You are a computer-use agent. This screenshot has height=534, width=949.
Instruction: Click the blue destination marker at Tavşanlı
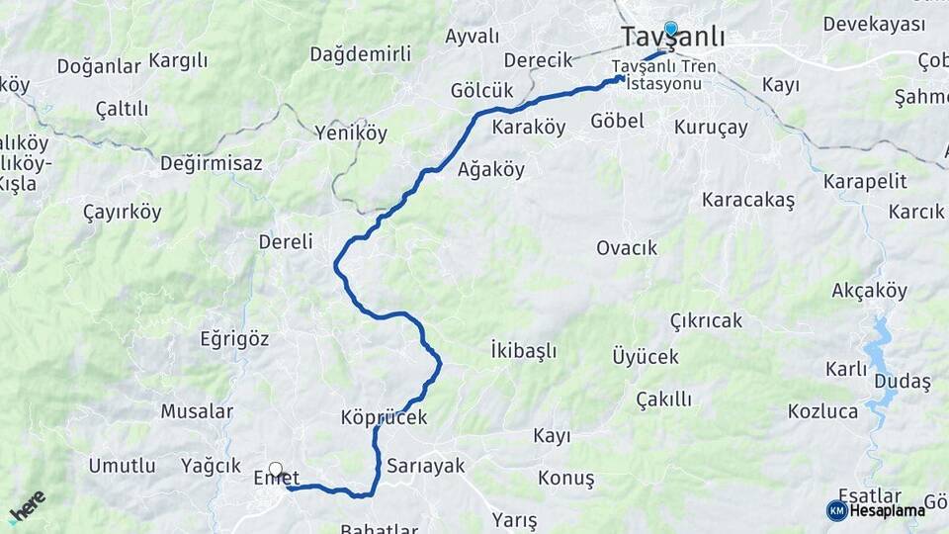(x=671, y=29)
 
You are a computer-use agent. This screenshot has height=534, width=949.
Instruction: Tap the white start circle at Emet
(x=276, y=470)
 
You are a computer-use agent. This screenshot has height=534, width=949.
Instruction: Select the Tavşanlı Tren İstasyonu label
(x=663, y=74)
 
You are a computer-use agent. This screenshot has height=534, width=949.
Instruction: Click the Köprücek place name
(x=384, y=417)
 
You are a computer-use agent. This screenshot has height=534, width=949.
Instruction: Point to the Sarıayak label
(x=425, y=465)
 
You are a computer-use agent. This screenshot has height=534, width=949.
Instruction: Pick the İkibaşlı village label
(x=523, y=350)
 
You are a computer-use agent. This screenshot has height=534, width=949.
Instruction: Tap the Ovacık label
(x=627, y=247)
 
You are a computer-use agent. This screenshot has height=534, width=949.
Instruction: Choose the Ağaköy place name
(x=491, y=169)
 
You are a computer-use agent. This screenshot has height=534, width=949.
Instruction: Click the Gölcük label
(x=481, y=90)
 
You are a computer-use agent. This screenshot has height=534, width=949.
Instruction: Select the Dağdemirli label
(x=360, y=54)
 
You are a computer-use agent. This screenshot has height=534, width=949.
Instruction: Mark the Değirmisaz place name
(x=211, y=162)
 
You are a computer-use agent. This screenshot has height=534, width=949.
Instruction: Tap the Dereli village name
(x=286, y=241)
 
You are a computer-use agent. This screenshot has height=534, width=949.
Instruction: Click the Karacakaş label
(x=748, y=200)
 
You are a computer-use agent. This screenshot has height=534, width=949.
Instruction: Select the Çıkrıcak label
(x=706, y=321)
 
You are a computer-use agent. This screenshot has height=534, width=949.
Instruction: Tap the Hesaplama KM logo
(x=876, y=510)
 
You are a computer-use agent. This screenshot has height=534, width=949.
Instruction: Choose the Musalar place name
(x=197, y=411)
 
